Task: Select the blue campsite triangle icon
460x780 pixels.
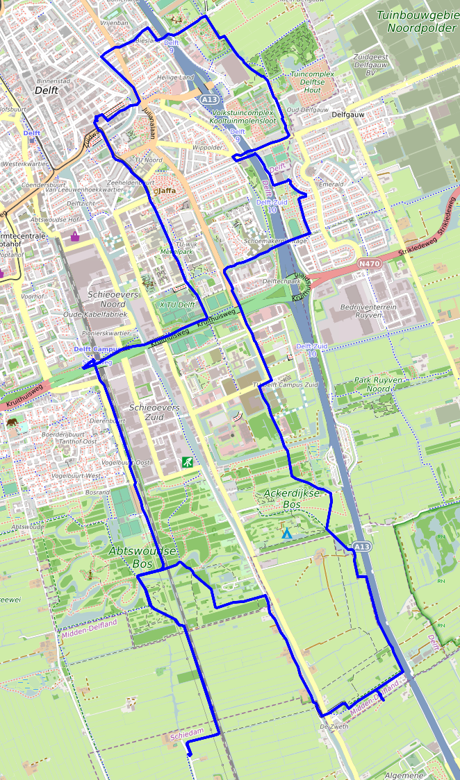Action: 287,533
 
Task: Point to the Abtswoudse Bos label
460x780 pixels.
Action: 143,557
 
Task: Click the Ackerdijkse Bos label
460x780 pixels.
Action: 291,499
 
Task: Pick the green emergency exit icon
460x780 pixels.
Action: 187,461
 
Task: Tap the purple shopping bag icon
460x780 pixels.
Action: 75,237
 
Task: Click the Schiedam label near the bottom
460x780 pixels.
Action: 187,734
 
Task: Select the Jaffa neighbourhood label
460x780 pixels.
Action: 167,190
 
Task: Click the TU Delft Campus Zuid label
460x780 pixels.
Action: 285,384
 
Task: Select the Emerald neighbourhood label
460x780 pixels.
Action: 331,185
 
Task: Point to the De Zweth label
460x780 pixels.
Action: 334,727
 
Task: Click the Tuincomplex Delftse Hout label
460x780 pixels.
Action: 312,81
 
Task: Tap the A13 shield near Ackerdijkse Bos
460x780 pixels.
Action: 361,548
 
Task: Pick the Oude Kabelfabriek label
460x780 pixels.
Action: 95,314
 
